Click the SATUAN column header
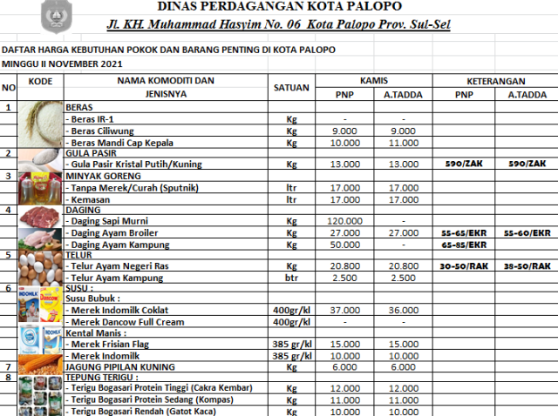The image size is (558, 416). [x=291, y=87]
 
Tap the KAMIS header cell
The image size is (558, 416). [x=374, y=78]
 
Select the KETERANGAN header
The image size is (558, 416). [x=494, y=78]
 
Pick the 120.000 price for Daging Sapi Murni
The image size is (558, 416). [x=344, y=221]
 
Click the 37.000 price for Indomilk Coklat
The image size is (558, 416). [x=344, y=311]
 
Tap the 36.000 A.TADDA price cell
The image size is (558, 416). [x=404, y=311]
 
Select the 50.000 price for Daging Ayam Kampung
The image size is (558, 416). [x=344, y=245]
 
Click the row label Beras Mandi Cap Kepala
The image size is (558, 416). [x=122, y=143]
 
